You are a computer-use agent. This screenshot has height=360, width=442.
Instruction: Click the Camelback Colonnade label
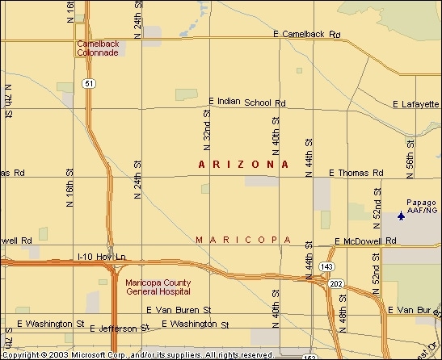click(97, 48)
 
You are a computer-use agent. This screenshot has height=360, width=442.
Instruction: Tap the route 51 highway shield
click(88, 83)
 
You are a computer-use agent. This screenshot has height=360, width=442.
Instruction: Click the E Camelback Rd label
click(307, 35)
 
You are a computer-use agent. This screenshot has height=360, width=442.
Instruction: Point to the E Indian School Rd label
click(247, 103)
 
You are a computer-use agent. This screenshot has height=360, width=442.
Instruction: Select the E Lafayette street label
click(415, 104)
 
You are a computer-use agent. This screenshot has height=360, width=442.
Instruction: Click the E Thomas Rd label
click(356, 173)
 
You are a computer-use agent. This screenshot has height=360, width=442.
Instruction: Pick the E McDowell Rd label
click(365, 241)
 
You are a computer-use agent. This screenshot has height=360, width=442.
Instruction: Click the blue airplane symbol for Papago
click(401, 216)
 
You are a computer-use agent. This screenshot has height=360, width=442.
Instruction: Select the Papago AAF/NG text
click(421, 206)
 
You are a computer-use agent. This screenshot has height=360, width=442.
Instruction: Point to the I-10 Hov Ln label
click(102, 257)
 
